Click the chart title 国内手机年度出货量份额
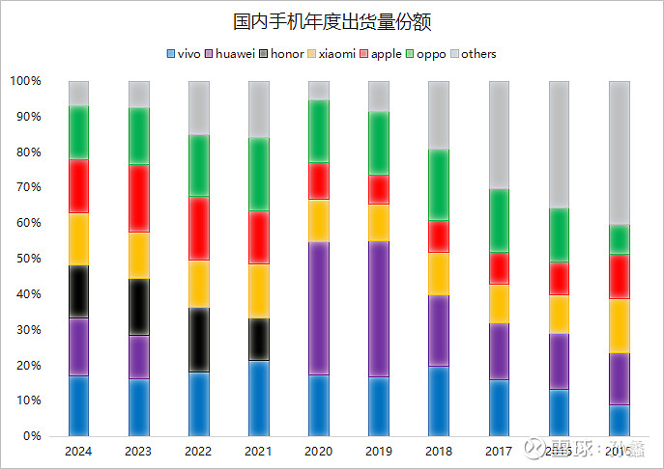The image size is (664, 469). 332,20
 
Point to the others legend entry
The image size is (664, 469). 473,54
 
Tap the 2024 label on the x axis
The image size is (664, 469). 79,451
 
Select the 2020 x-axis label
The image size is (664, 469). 318,451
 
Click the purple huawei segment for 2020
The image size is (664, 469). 318,309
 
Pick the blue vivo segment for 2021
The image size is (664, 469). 258,398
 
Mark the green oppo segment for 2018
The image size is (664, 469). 438,185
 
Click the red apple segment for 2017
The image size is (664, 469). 498,267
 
